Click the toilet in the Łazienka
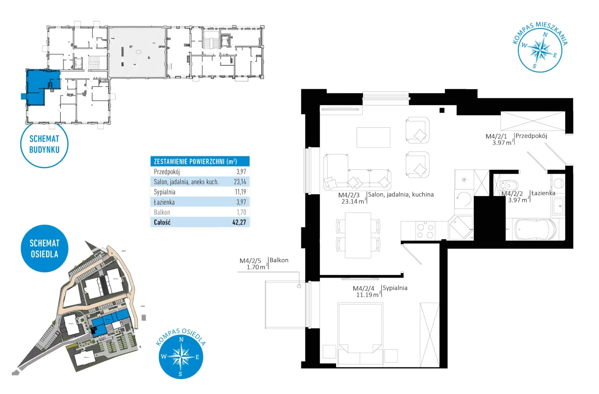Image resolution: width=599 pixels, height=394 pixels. (509, 185)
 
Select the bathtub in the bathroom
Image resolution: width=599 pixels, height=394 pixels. (535, 230)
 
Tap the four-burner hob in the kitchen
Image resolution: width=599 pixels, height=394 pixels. (425, 231)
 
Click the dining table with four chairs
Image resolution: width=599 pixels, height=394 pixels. (358, 235)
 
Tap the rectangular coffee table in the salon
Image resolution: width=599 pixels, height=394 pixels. (373, 137)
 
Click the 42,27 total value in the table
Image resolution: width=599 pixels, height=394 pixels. (239, 222)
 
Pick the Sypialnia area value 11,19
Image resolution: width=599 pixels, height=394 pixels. (240, 192)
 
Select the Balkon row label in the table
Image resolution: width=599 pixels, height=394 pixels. (162, 212)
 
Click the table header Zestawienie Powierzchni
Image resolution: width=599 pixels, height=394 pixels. (195, 162)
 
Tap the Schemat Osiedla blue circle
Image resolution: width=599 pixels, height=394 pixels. (44, 248)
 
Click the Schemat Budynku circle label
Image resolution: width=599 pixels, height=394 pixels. (44, 144)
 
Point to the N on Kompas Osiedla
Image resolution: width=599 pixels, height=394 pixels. (181, 339)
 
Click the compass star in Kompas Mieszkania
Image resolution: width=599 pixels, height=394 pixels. (540, 50)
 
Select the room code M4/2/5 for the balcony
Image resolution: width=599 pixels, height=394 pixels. (250, 261)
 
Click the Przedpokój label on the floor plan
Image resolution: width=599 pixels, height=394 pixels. (531, 136)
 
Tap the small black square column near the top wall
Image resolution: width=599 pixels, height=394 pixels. (442, 110)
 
